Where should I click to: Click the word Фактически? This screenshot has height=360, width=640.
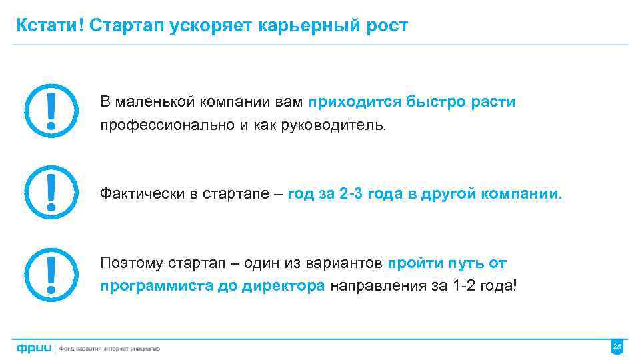[x=142, y=194]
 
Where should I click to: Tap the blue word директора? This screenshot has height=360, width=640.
[x=283, y=286]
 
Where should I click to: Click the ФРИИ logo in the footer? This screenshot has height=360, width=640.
[x=34, y=347]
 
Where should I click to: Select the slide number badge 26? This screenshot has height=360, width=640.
[x=617, y=347]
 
